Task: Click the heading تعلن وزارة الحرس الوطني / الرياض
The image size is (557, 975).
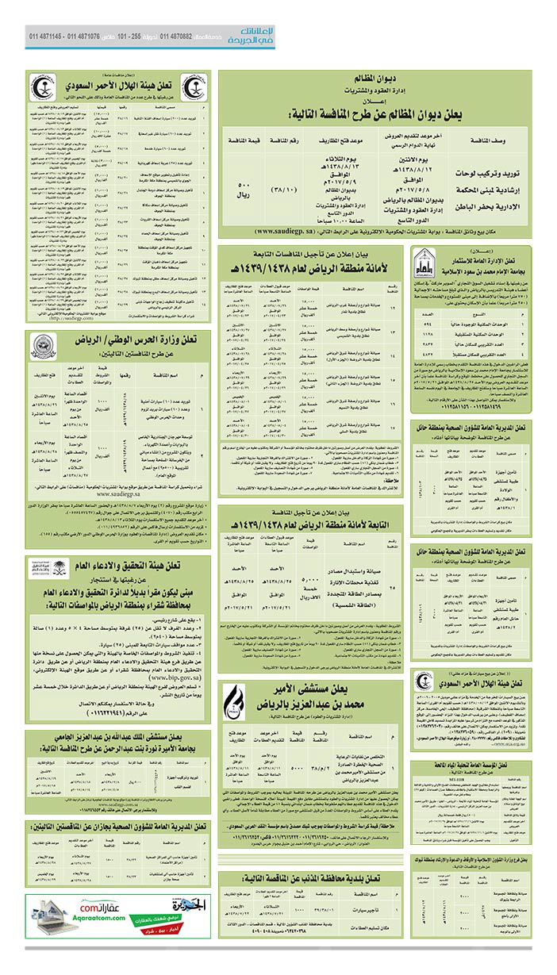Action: click(x=134, y=342)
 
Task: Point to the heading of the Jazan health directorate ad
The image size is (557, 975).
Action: click(x=117, y=827)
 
